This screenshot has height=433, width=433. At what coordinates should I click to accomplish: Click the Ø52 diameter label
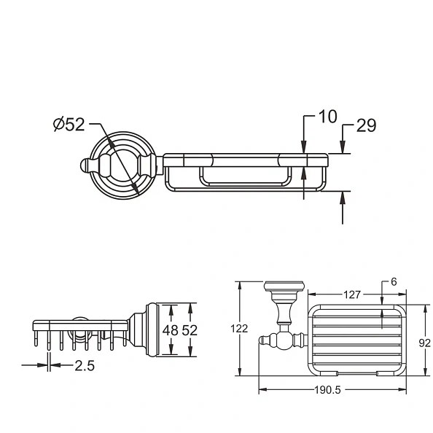[69, 125]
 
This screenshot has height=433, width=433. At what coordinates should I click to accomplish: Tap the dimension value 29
[366, 125]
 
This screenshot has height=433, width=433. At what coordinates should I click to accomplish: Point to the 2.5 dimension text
[85, 365]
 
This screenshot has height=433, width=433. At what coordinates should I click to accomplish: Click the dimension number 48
[171, 329]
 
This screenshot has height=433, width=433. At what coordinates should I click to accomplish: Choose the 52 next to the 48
[190, 329]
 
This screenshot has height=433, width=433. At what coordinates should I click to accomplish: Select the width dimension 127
[353, 294]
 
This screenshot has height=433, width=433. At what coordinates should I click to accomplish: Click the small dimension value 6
[394, 282]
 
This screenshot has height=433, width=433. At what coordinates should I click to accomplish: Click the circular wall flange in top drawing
[120, 165]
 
